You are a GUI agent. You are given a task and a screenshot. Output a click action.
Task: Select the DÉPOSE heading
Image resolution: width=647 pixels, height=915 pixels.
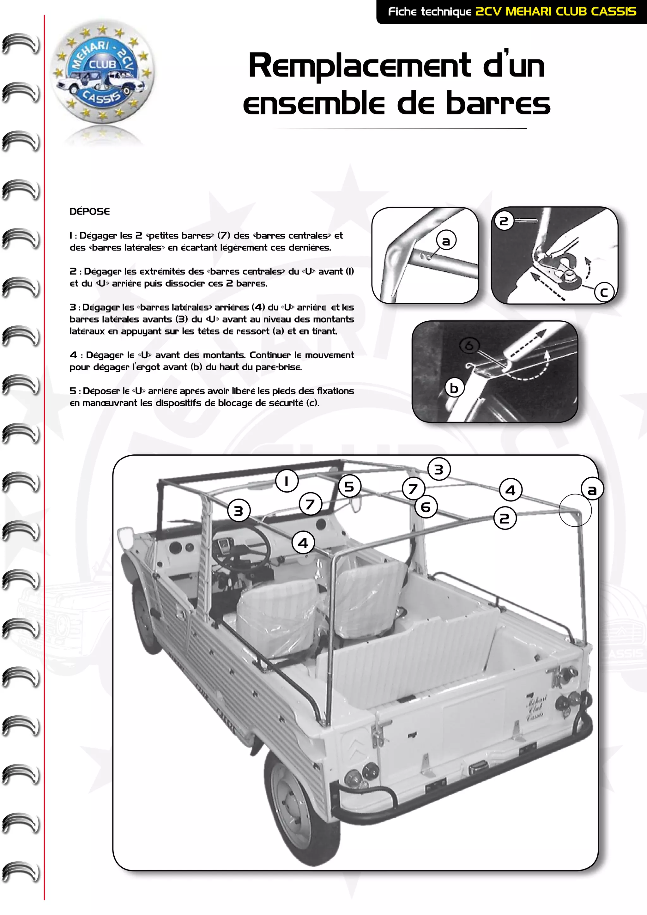[90, 212]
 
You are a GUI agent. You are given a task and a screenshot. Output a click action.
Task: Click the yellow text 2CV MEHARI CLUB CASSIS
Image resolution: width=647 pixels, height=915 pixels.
[556, 12]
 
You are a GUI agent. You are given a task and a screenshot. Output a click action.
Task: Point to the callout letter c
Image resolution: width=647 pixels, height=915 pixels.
[604, 293]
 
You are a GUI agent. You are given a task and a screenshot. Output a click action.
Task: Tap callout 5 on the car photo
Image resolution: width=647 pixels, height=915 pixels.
[349, 486]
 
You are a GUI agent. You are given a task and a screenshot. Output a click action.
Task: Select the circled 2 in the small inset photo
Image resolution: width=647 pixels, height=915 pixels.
[504, 221]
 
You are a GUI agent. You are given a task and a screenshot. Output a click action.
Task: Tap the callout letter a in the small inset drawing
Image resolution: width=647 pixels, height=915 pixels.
[446, 241]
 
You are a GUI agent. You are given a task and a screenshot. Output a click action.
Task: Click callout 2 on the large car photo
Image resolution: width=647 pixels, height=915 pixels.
[505, 518]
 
